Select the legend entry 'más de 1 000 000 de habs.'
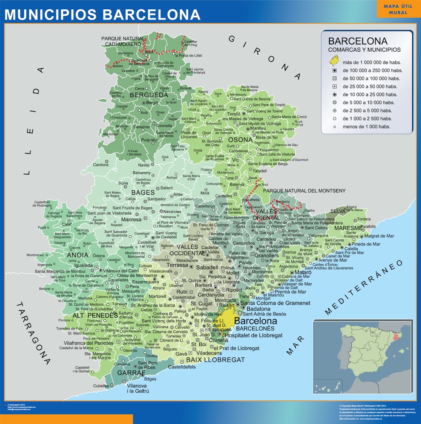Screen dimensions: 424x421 [369, 62]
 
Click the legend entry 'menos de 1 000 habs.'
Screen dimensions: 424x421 [366, 126]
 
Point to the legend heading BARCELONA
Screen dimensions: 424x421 [358, 41]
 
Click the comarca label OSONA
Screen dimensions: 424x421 [240, 139]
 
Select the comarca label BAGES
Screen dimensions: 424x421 [143, 192]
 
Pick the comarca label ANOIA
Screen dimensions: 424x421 [78, 255]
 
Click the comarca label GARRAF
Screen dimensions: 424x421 [131, 372]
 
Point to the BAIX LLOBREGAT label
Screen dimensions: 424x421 [215, 360]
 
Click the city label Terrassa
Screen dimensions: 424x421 [177, 265]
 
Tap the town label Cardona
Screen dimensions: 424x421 [100, 165]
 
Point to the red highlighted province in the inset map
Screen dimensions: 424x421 [397, 338]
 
